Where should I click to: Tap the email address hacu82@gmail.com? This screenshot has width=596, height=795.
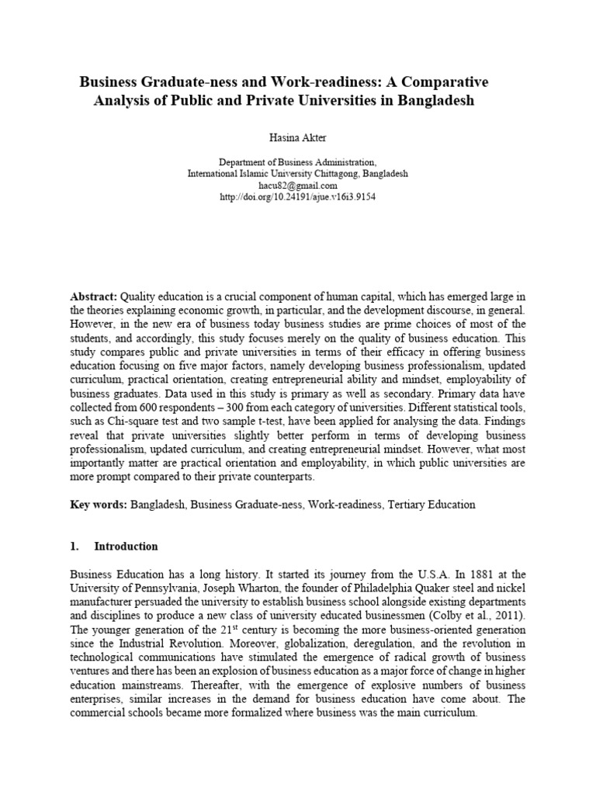click(297, 186)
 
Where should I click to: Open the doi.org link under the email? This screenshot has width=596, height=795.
click(297, 197)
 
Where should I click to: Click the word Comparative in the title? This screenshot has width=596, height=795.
click(442, 82)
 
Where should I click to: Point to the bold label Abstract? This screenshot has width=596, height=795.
click(94, 296)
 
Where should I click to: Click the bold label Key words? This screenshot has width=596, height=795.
click(98, 504)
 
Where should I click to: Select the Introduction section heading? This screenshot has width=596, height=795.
click(125, 546)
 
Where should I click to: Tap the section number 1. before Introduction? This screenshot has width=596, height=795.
click(74, 546)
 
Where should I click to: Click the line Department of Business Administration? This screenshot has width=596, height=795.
click(297, 162)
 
